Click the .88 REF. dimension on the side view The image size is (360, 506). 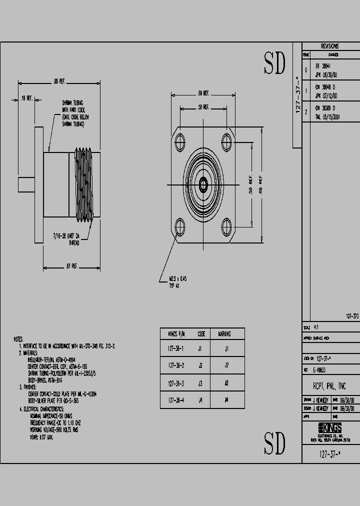coord(60,81)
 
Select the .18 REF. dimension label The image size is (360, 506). coord(26,98)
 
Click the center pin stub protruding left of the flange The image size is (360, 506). coord(26,184)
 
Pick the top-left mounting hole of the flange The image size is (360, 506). coord(180,141)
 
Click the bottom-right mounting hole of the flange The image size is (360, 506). coord(226,228)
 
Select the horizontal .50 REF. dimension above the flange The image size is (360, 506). coord(203,107)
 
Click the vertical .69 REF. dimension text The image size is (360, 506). coord(260,185)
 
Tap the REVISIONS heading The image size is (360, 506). coord(329,45)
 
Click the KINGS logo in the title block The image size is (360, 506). coord(330,427)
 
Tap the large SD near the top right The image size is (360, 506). coord(274,63)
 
